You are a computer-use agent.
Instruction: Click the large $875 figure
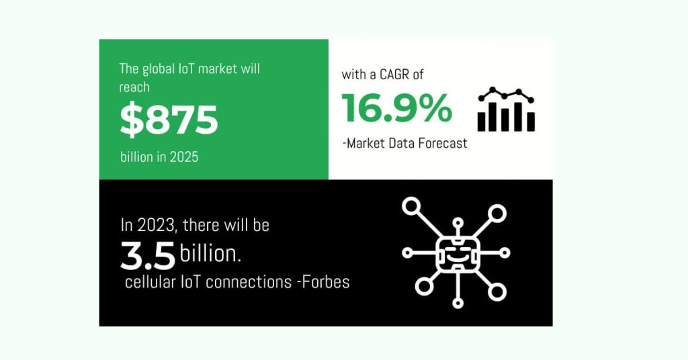169,120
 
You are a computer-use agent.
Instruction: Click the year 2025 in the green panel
183,157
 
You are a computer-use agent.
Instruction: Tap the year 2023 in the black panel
153,225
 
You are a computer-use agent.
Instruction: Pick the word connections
247,282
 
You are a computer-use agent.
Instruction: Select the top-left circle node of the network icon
411,206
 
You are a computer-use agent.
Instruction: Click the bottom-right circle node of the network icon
497,291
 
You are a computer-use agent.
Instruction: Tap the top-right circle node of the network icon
497,214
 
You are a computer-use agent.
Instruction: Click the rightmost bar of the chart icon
531,121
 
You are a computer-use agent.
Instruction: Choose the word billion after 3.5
210,253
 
